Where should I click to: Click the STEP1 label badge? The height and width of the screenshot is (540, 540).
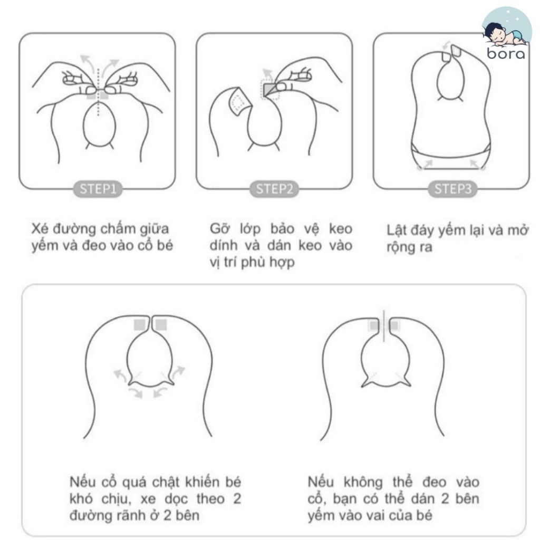(98, 189)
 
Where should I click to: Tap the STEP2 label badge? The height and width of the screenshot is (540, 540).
(274, 189)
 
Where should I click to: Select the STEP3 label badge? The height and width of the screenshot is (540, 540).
(452, 189)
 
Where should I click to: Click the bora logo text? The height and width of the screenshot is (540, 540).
(506, 53)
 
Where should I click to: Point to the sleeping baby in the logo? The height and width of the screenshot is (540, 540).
(505, 34)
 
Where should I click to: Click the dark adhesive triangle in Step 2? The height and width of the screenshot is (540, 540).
(269, 89)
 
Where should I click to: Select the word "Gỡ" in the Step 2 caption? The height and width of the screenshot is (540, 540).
(218, 229)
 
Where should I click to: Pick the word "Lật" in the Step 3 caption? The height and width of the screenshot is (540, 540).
(396, 230)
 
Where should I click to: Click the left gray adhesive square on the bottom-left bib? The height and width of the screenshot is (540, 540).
(139, 325)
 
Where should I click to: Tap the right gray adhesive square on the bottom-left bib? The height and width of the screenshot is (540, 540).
(161, 325)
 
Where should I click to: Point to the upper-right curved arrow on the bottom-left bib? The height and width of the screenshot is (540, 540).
(179, 372)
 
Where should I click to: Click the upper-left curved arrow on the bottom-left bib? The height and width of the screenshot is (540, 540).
(120, 375)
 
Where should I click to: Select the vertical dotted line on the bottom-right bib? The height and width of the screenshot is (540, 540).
(384, 326)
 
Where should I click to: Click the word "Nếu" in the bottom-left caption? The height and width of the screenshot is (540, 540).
(82, 482)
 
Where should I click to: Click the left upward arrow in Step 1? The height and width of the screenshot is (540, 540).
(87, 62)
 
